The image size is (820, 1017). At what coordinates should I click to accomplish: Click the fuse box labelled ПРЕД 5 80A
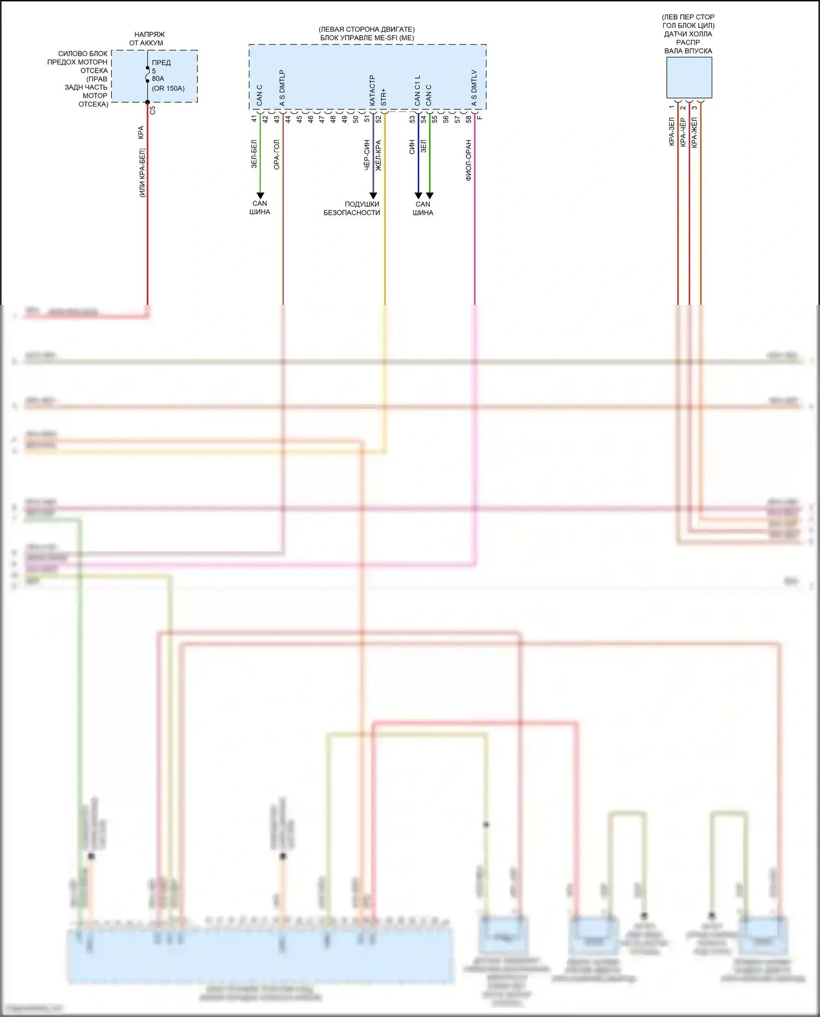coord(155,76)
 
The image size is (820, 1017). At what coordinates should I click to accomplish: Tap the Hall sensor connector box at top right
coord(689,78)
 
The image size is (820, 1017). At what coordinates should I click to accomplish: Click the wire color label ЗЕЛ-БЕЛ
coord(254,154)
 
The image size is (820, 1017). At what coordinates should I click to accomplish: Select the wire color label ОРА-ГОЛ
coord(277,155)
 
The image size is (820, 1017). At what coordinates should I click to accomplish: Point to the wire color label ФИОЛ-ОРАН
coord(468,160)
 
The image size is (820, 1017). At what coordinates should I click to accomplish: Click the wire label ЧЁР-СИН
coord(367,155)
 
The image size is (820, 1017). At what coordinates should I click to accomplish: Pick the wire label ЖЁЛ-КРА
coord(378,155)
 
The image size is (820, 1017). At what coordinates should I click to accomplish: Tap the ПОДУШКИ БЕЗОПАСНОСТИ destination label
coord(352,208)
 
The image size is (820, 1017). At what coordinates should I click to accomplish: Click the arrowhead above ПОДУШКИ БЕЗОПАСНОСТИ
coord(373,196)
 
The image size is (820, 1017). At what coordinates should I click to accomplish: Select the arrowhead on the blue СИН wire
coord(418,196)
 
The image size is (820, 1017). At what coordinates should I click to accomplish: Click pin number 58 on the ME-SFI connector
coord(468,119)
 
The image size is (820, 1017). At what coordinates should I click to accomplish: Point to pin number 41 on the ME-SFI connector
coord(254,119)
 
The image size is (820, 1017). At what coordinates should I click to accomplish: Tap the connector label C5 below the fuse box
coord(153,110)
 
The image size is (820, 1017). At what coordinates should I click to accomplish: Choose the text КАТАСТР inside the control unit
coord(372,90)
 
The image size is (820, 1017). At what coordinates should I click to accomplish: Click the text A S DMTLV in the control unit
coord(474,87)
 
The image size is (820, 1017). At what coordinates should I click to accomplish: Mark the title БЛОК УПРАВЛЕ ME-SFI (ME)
coord(367,38)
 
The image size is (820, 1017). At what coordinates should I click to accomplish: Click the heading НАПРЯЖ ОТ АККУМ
coord(147,38)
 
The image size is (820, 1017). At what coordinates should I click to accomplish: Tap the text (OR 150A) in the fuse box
coord(168,89)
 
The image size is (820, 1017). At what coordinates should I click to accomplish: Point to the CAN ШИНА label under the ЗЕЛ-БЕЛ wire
coord(260,208)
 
